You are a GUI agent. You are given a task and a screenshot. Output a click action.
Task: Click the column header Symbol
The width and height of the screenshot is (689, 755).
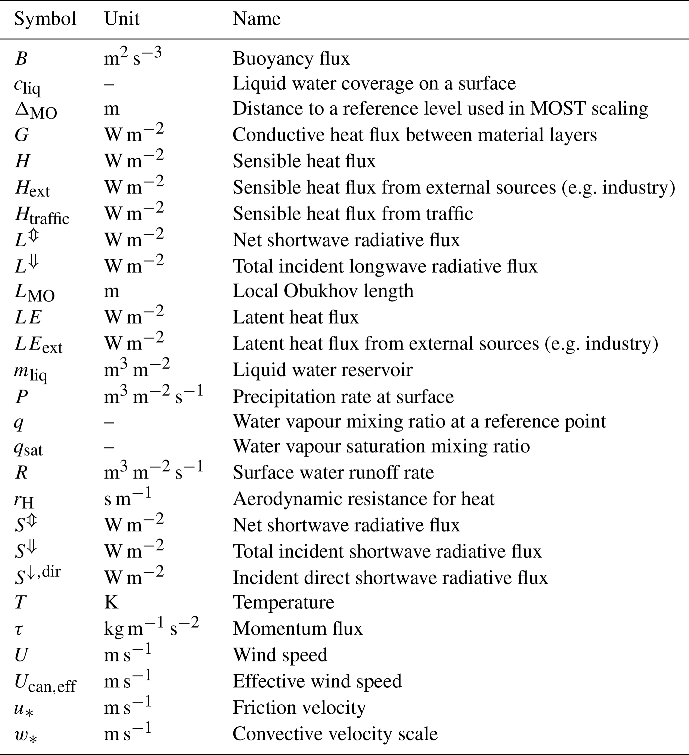pos(45,19)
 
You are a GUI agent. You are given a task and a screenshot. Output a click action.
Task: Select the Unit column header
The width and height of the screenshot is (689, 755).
pos(122,19)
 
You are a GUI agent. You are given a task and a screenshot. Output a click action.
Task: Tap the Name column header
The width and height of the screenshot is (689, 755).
pos(256,19)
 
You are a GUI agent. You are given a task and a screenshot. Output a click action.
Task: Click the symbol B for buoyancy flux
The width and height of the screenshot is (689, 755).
pos(21,59)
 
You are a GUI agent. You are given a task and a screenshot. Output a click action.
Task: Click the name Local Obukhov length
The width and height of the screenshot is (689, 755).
pos(323,291)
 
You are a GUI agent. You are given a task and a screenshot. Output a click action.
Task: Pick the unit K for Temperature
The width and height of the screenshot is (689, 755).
pos(111,602)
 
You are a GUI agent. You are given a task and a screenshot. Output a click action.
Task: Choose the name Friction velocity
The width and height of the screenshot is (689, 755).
pos(299,707)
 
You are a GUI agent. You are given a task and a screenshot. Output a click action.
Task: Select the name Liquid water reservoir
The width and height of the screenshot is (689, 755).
pos(323,370)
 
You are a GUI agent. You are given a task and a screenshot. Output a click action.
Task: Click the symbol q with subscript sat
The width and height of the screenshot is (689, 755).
pos(28,447)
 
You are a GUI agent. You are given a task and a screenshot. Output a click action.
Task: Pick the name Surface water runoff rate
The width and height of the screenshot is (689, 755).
pos(333,472)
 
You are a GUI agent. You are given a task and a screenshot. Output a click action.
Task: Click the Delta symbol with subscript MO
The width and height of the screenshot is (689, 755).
pos(36,110)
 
